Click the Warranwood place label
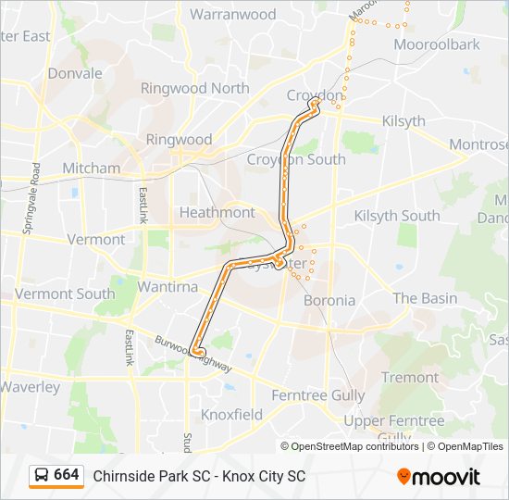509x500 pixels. coord(232,15)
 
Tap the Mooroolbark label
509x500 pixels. coord(437,44)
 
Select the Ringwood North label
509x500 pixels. coord(194,88)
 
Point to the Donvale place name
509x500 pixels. coord(75,73)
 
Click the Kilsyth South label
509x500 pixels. coord(397,216)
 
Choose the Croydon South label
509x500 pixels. coord(296,159)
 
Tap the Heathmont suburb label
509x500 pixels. coord(217,212)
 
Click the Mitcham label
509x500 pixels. coord(91,169)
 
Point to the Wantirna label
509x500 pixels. coord(168,287)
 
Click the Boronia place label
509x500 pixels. coord(329,300)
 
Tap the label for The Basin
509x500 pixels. coord(425,298)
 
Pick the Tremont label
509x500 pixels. coord(410,377)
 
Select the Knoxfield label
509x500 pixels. coord(231,415)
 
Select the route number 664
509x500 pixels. coord(67,475)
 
